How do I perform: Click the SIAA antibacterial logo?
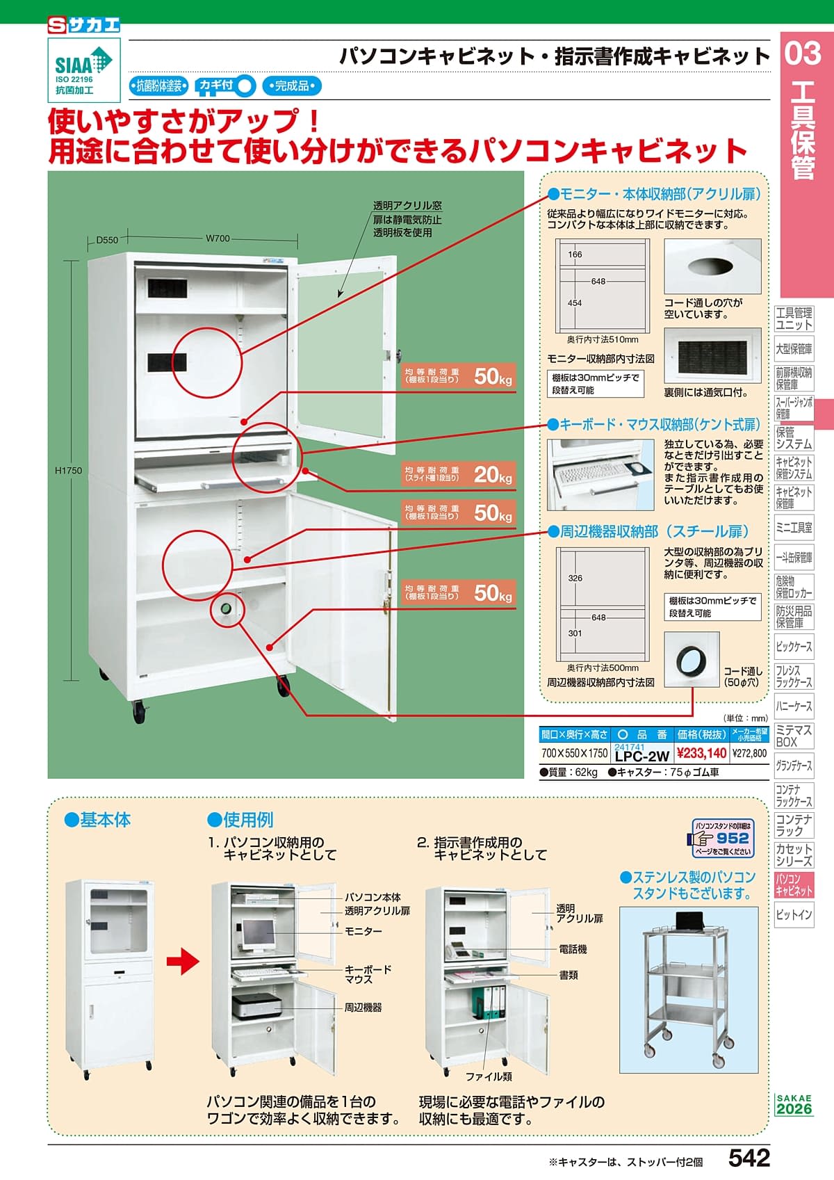point(83,70)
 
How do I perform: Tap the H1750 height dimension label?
point(68,471)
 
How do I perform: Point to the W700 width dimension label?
point(218,239)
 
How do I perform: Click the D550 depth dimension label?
point(107,240)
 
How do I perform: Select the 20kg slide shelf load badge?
point(457,474)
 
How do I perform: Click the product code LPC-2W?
point(641,756)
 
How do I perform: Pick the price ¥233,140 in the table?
point(702,753)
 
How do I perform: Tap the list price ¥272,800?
point(749,753)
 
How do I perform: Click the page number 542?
point(749,1158)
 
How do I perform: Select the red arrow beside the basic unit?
point(183,962)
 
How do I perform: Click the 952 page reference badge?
point(723,839)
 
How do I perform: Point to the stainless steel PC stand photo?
point(689,989)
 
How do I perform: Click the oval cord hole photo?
point(712,266)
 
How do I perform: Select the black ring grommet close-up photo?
point(691,658)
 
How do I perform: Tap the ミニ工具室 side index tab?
point(794,528)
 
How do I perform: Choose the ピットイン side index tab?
point(794,915)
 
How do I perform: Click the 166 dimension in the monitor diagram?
point(575,254)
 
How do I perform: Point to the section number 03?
point(803,54)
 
